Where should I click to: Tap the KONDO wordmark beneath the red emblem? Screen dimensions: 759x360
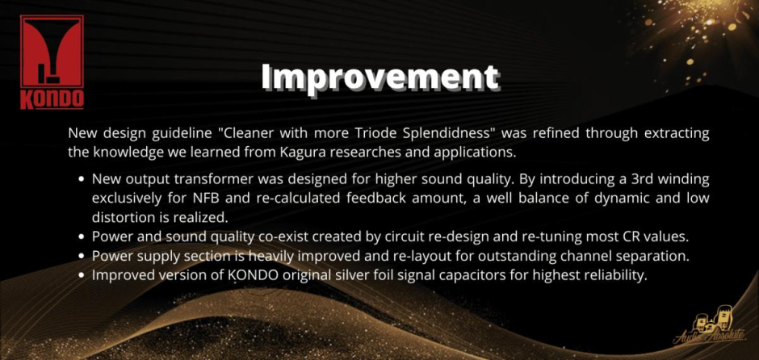pos(52,99)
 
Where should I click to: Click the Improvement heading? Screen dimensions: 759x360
pos(380,77)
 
